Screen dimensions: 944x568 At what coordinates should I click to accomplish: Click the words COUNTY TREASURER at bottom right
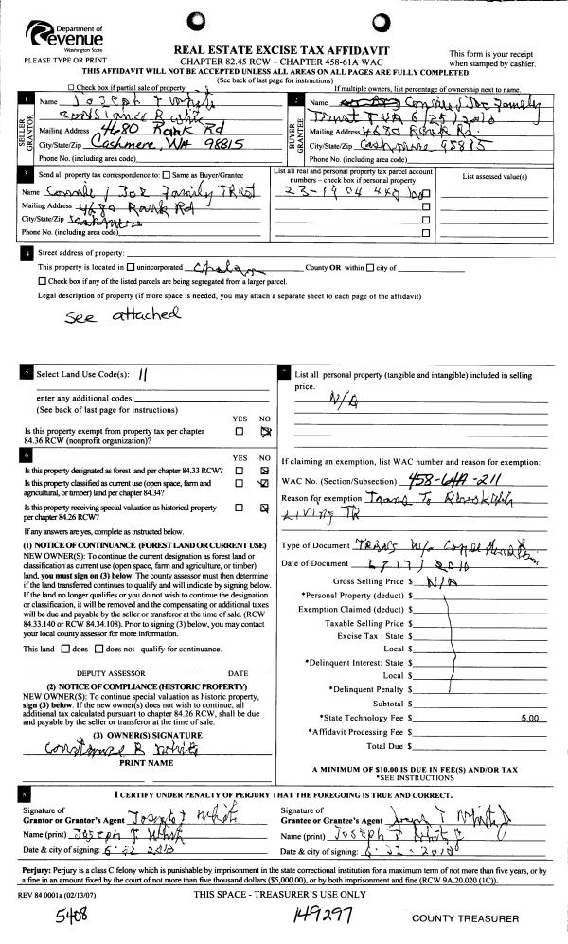(465, 918)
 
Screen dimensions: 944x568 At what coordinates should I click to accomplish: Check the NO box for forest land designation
(266, 471)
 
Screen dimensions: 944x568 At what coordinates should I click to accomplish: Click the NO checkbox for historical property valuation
(266, 509)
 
